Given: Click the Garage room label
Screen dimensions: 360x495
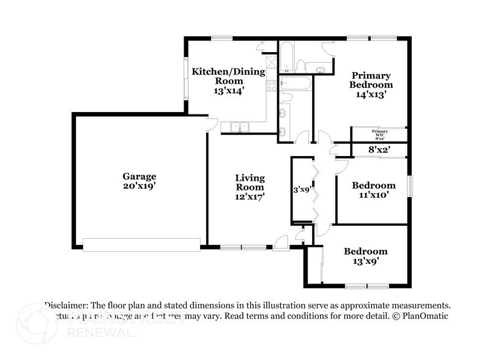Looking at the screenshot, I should (x=140, y=176).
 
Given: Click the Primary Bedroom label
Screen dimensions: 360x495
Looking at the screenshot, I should (x=371, y=80).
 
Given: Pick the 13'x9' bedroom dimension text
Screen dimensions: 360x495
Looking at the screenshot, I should (x=365, y=261).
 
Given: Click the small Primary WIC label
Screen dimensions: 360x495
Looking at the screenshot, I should (x=380, y=133).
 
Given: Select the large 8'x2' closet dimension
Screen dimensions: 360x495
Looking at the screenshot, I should (x=379, y=149).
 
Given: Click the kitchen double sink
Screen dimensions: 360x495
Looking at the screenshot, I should (x=236, y=127).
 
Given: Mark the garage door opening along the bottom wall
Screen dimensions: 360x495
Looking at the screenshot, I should (x=141, y=244).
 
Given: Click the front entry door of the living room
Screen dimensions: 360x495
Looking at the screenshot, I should (x=281, y=244).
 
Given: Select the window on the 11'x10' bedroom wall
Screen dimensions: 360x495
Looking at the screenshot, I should (x=411, y=186).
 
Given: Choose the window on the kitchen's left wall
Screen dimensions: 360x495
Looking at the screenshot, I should (x=186, y=77).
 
